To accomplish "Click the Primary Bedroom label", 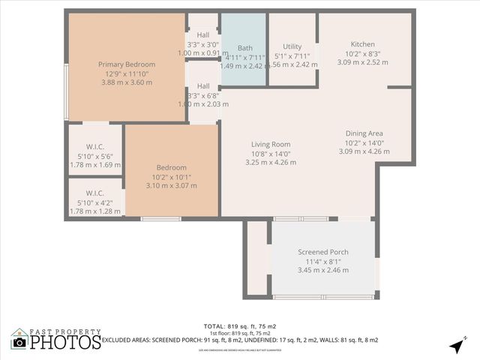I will pos(126,64).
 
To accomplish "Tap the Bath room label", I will pos(245,48).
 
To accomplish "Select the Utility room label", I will pos(292,46).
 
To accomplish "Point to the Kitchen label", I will pos(362,44).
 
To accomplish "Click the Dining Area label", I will pos(364,133).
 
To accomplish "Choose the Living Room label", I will pos(271,145).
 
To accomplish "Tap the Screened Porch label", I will pos(323,252).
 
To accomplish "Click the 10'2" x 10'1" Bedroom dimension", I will pos(171,176).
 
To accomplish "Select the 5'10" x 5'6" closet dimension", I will pos(94,155).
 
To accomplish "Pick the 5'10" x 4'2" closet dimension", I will pos(94,202).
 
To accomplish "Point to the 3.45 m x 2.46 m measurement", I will pos(323,270).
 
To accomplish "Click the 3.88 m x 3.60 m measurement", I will pos(126,82).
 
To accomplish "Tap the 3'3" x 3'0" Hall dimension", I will pos(202,44).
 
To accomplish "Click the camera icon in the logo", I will pos(20,342).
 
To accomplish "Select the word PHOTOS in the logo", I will pos(66,342).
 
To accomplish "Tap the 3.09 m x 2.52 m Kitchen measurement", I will pos(362,62).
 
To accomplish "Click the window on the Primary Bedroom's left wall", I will pos(67,91).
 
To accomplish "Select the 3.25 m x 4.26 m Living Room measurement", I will pos(271,163).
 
